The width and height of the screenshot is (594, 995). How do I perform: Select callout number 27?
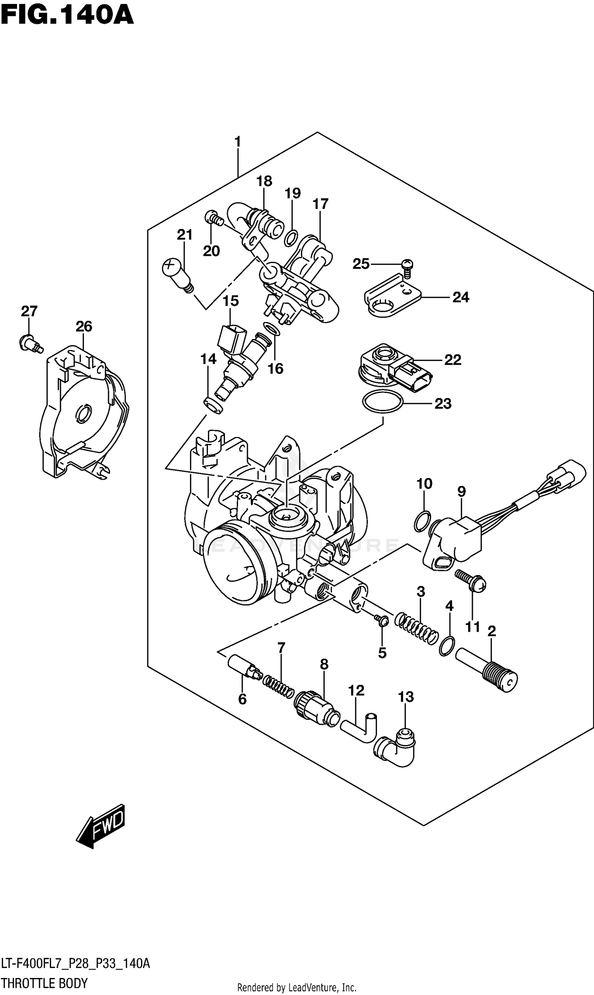point(29,311)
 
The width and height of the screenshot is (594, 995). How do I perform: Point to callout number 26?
point(84,326)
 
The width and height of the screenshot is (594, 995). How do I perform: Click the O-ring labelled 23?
point(382,401)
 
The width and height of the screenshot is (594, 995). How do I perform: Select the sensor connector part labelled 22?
point(394,367)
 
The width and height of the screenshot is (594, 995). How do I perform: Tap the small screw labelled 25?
point(407,268)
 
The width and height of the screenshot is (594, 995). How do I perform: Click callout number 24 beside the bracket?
point(461,297)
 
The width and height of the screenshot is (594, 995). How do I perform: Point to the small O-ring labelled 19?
point(291,238)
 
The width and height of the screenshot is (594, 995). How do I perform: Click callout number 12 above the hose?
point(356,690)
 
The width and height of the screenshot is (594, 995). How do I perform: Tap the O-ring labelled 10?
point(422,521)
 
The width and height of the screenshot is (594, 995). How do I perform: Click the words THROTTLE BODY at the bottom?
point(44,983)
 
